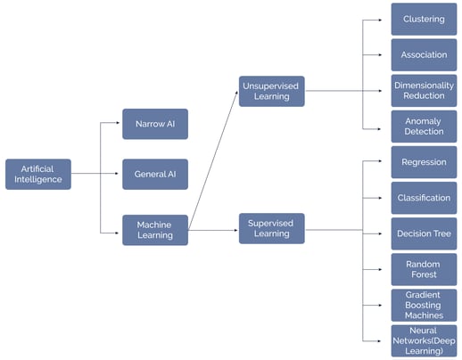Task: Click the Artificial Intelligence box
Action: (x=37, y=174)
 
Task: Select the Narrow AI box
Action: (x=154, y=124)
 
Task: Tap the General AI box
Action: (x=154, y=174)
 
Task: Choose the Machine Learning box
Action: (x=154, y=229)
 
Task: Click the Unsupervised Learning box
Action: (x=271, y=91)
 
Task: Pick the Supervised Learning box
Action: (x=271, y=228)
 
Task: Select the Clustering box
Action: (x=424, y=19)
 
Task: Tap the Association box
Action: (x=424, y=54)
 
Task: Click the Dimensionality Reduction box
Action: (x=424, y=90)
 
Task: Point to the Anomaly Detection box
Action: (x=424, y=126)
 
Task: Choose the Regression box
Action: (x=424, y=162)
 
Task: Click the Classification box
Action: (x=424, y=198)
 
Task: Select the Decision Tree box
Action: (x=424, y=233)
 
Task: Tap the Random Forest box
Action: (x=424, y=269)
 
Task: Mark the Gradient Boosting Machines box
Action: (x=424, y=305)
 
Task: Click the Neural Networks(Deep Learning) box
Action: (x=424, y=340)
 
